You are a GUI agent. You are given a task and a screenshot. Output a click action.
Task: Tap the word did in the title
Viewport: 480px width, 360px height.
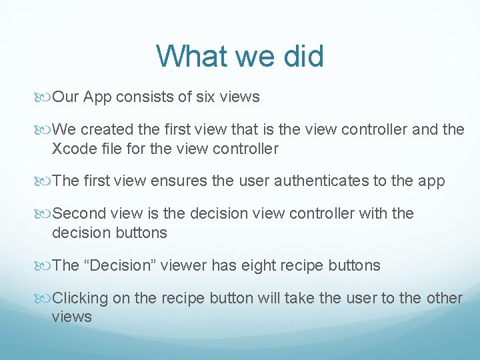[301, 56]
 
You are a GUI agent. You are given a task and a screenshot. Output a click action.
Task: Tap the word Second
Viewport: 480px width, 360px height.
[79, 214]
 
